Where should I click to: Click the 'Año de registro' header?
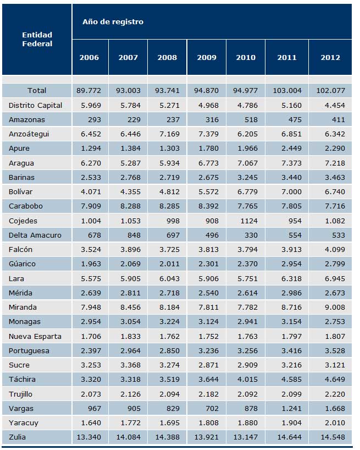pyautogui.click(x=113, y=22)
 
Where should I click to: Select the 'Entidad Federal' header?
pyautogui.click(x=37, y=39)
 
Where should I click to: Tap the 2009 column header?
pyautogui.click(x=206, y=57)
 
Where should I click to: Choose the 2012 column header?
pyautogui.click(x=330, y=57)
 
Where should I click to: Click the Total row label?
pyautogui.click(x=37, y=91)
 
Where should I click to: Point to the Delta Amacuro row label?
pyautogui.click(x=35, y=235)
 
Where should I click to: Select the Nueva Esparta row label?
pyautogui.click(x=35, y=336)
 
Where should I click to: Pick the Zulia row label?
pyautogui.click(x=17, y=437)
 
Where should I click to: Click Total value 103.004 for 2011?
pyautogui.click(x=287, y=91)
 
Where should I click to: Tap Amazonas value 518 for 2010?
pyautogui.click(x=251, y=120)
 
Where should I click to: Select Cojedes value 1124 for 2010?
pyautogui.click(x=249, y=221)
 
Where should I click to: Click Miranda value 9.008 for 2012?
pyautogui.click(x=335, y=308)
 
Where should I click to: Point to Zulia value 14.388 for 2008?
pyautogui.click(x=168, y=437)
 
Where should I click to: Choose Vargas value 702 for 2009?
pyautogui.click(x=212, y=408)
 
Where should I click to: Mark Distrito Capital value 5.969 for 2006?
pyautogui.click(x=91, y=105)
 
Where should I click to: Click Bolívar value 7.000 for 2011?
pyautogui.click(x=291, y=191)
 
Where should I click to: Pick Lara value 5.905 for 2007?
pyautogui.click(x=130, y=279)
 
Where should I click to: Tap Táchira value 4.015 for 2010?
pyautogui.click(x=247, y=380)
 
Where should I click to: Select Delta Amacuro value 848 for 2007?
pyautogui.click(x=134, y=235)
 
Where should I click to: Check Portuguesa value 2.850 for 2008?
pyautogui.click(x=169, y=350)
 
